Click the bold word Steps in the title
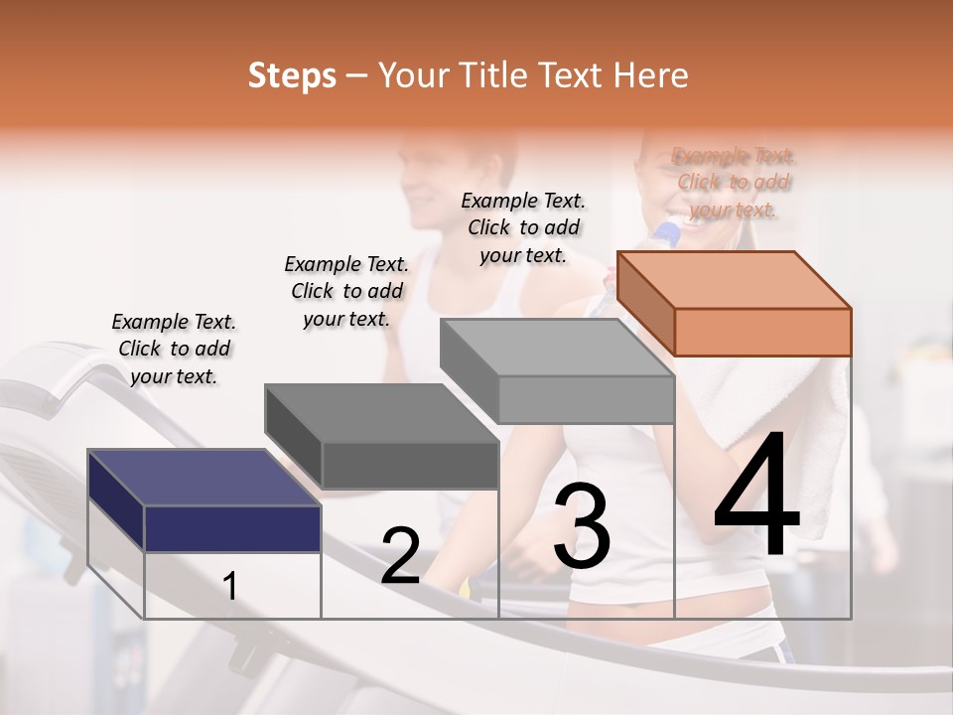[x=292, y=75]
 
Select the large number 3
[x=582, y=527]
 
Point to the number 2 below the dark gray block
[x=400, y=556]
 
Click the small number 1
[x=230, y=586]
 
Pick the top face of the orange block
[x=734, y=279]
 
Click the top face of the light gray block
[x=557, y=347]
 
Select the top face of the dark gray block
[x=381, y=412]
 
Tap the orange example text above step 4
[x=734, y=183]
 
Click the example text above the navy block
[x=174, y=349]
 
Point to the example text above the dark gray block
[x=346, y=291]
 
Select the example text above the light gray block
[x=523, y=227]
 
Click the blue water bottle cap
[x=667, y=233]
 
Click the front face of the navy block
[x=232, y=528]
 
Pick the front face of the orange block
[x=762, y=332]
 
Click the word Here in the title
[x=652, y=75]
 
